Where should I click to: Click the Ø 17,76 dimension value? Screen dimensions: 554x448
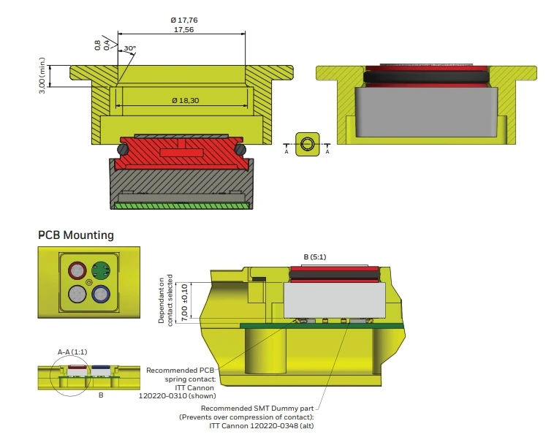(183, 20)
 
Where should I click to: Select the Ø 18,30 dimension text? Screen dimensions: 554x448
(186, 101)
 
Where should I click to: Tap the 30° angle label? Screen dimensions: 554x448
(129, 48)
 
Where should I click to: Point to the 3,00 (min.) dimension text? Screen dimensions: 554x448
(42, 75)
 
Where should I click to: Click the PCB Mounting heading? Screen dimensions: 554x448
(76, 235)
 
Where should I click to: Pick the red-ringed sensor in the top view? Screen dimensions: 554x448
(77, 270)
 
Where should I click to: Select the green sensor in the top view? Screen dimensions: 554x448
(101, 270)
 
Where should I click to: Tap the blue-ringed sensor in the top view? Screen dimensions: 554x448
(101, 294)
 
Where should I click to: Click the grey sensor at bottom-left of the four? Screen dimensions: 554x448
(77, 294)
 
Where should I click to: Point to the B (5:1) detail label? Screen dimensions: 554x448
(315, 257)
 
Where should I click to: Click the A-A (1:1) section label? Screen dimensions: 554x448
(72, 352)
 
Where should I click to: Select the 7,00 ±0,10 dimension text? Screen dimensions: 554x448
(184, 303)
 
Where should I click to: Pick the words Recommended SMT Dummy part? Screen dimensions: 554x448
(257, 409)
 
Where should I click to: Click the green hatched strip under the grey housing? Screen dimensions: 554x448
(181, 205)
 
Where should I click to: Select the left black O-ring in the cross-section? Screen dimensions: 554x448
(123, 149)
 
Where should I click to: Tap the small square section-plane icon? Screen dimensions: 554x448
(308, 144)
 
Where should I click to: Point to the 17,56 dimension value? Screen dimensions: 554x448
(183, 30)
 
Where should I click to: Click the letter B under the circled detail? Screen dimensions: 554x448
(101, 395)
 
